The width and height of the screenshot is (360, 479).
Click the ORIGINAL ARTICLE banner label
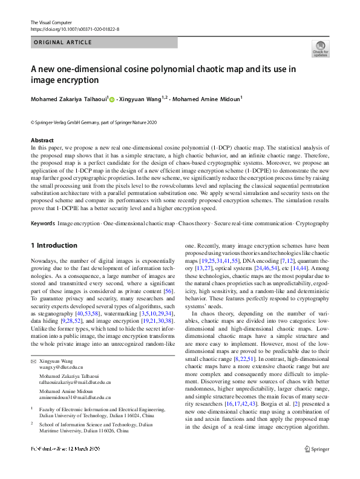[x=63, y=42]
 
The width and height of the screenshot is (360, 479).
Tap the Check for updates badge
[x=320, y=49]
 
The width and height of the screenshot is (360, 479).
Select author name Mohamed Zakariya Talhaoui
[x=69, y=99]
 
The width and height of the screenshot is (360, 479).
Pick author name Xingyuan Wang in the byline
[x=141, y=99]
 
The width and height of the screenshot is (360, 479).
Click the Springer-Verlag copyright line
[x=93, y=123]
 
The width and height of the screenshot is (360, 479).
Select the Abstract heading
[x=42, y=140]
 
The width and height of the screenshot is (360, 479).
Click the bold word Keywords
[x=42, y=207]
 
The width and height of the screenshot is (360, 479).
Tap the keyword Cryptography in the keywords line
[x=312, y=207]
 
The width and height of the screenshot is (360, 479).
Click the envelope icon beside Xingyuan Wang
[x=34, y=360]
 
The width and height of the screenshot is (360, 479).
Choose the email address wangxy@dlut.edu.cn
[x=61, y=367]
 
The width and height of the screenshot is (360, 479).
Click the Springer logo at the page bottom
[x=317, y=466]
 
